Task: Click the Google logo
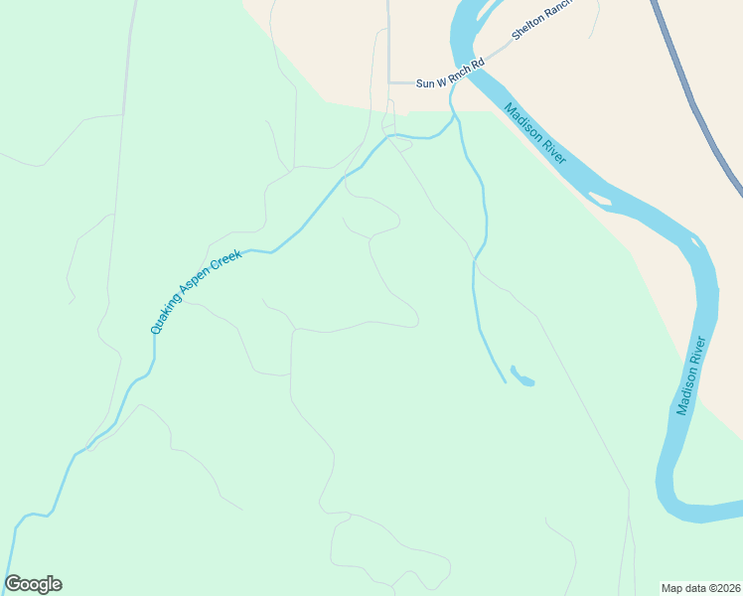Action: click(x=33, y=584)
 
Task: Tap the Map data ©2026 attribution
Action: click(x=701, y=587)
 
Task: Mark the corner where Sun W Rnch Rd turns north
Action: click(x=388, y=82)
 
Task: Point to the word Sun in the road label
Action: click(x=425, y=84)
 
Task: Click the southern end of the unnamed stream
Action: click(x=504, y=379)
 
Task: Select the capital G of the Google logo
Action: click(x=12, y=584)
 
